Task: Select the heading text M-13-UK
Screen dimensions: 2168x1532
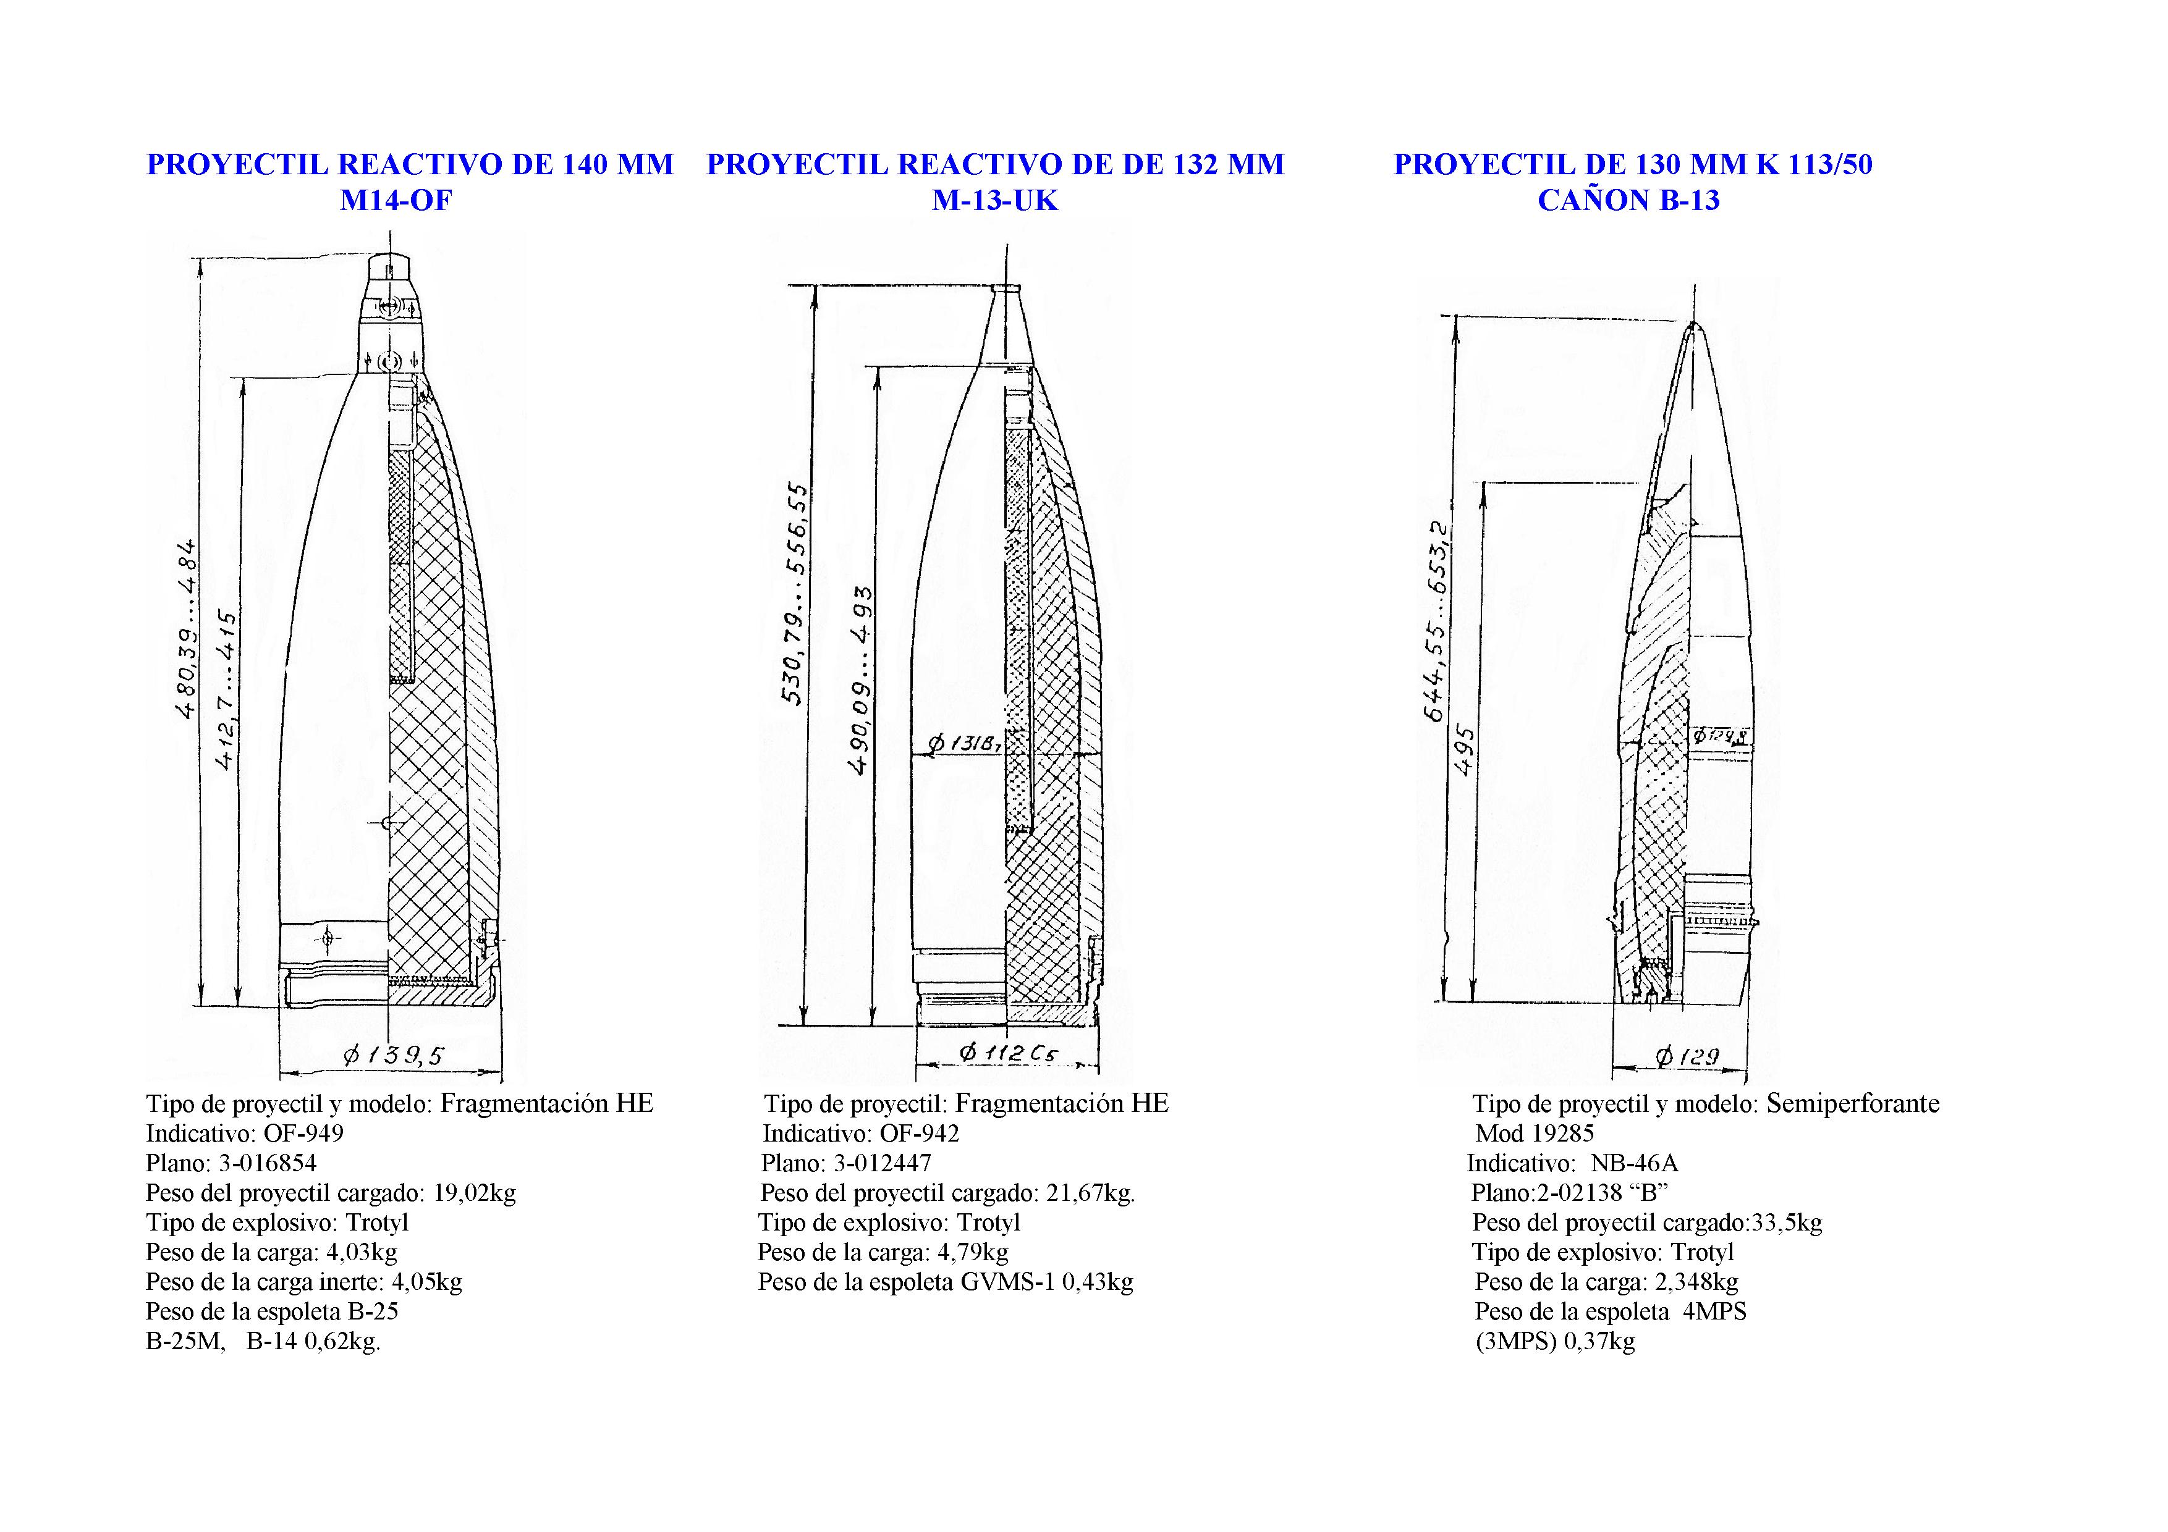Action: pos(995,200)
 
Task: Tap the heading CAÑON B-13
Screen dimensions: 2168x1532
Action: pos(1629,200)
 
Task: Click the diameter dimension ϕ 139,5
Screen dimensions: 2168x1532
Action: pos(392,1055)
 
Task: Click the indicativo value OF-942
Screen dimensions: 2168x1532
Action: pos(919,1133)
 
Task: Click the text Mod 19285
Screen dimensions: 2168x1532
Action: pos(1535,1133)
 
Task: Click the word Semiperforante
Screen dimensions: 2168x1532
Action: pos(1853,1103)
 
